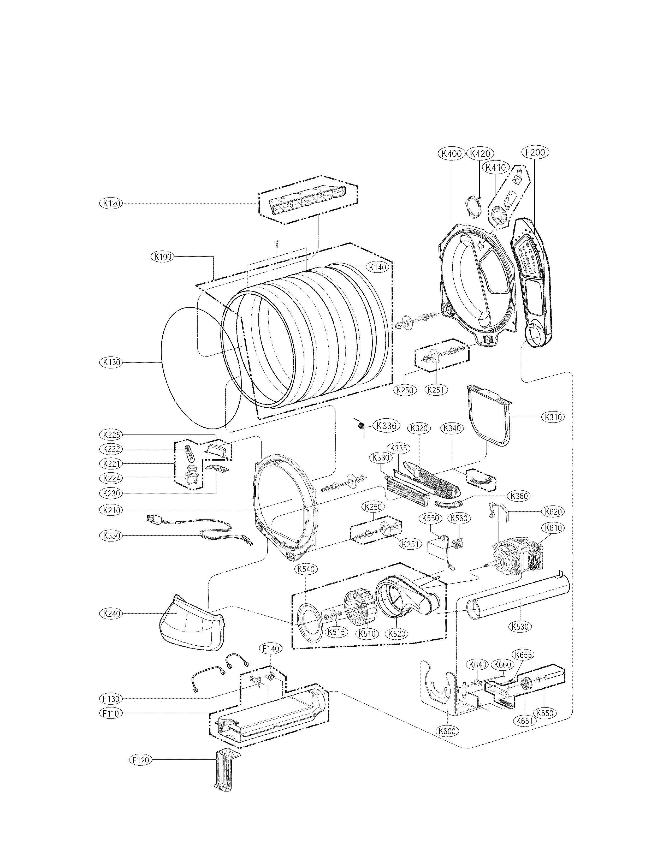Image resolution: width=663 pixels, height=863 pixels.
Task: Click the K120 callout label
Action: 111,203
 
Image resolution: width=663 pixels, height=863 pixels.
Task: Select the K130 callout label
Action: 111,362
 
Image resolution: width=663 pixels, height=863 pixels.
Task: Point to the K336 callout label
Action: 386,426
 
